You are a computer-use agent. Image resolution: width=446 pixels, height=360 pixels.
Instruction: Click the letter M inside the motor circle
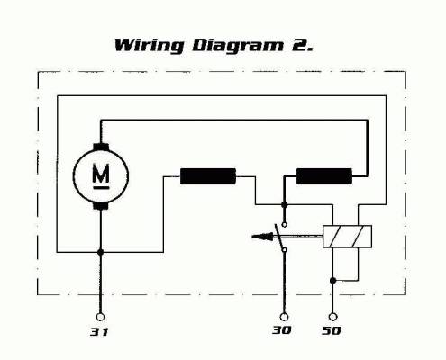click(101, 174)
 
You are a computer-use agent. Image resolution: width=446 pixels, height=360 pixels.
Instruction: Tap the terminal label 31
click(99, 332)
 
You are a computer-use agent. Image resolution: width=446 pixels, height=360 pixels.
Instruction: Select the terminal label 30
click(282, 330)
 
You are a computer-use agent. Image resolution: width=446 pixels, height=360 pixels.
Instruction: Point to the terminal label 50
click(332, 330)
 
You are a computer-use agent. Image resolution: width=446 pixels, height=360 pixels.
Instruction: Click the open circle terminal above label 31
click(100, 317)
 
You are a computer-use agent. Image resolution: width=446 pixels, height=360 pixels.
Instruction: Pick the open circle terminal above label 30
click(284, 317)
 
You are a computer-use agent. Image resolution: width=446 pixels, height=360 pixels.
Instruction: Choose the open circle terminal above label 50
click(332, 317)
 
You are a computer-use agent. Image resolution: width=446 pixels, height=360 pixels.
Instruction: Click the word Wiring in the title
click(149, 46)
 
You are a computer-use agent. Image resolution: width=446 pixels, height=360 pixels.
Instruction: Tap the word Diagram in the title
click(238, 46)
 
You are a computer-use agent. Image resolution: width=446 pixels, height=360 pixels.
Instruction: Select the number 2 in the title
click(301, 45)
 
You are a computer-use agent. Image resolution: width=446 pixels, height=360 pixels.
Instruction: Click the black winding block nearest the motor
click(208, 176)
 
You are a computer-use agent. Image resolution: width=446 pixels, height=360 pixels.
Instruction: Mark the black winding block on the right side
click(324, 176)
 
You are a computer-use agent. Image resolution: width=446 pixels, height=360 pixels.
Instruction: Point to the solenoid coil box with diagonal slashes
click(347, 237)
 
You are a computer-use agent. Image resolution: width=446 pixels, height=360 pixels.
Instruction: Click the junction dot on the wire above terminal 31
click(100, 252)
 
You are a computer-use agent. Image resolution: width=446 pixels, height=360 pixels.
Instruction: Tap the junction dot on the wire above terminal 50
click(332, 281)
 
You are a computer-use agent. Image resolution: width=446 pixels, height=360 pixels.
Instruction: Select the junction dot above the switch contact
click(284, 205)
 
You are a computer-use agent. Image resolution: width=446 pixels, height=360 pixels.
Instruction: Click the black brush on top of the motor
click(101, 147)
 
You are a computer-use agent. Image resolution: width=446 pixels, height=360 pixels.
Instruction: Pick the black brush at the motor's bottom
click(101, 206)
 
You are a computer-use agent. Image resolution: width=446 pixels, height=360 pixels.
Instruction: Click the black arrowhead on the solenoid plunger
click(262, 237)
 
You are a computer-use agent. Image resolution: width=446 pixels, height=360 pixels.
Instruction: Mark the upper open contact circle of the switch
click(285, 224)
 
